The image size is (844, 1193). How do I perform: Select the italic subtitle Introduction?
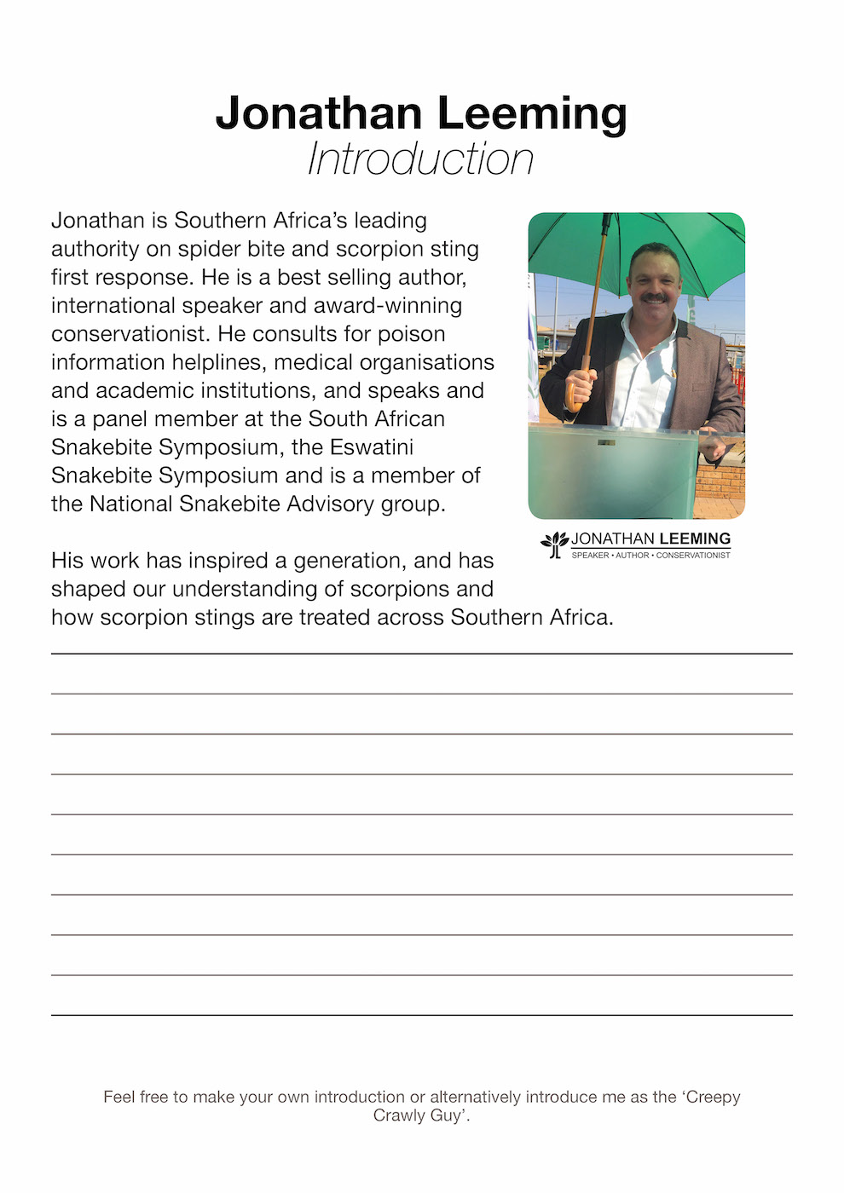[x=421, y=159]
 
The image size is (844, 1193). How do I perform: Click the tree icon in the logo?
[x=554, y=544]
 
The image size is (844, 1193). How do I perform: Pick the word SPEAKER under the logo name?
[x=590, y=556]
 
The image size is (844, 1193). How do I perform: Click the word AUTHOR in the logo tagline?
[x=633, y=556]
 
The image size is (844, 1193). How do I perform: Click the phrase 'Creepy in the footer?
[x=709, y=1098]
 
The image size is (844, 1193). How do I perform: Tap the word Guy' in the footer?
[x=449, y=1115]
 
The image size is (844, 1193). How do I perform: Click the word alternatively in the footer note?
[x=475, y=1098]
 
